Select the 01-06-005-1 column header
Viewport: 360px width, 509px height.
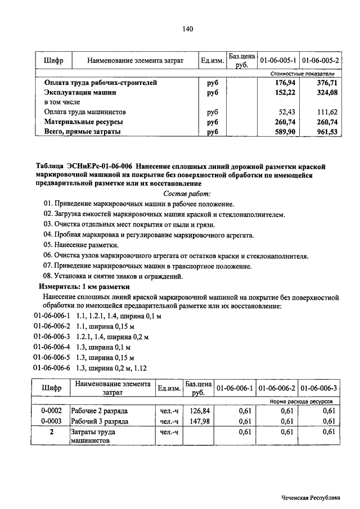278,60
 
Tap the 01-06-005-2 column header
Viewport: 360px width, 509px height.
321,60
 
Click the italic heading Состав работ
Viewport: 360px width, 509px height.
187,193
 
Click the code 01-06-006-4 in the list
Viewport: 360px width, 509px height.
52,347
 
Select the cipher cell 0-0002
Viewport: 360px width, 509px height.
51,411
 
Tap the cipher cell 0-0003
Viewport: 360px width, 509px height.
51,421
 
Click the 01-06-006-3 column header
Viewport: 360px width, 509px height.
319,388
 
